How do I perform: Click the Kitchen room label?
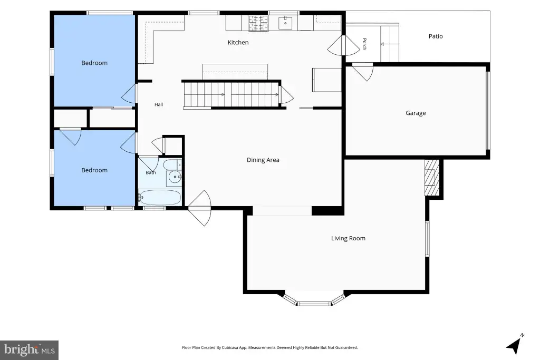(x=238, y=42)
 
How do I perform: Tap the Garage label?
(x=416, y=113)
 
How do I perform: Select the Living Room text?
(x=348, y=238)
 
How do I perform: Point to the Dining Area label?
(x=263, y=160)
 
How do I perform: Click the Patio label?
(x=436, y=36)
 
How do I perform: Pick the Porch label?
(x=364, y=44)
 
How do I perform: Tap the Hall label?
(x=159, y=104)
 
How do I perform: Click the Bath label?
(x=150, y=172)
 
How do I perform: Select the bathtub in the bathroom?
(x=159, y=198)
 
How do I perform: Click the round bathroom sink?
(x=175, y=177)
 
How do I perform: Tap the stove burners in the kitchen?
(x=258, y=23)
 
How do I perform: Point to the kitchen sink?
(x=285, y=23)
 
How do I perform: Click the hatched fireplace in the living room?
(x=432, y=177)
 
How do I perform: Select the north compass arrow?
(x=515, y=344)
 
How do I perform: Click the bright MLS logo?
(x=30, y=350)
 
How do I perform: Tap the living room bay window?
(x=314, y=299)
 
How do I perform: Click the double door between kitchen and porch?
(x=344, y=45)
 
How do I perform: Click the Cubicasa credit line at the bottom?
(x=270, y=347)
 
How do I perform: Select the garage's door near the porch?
(x=363, y=72)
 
